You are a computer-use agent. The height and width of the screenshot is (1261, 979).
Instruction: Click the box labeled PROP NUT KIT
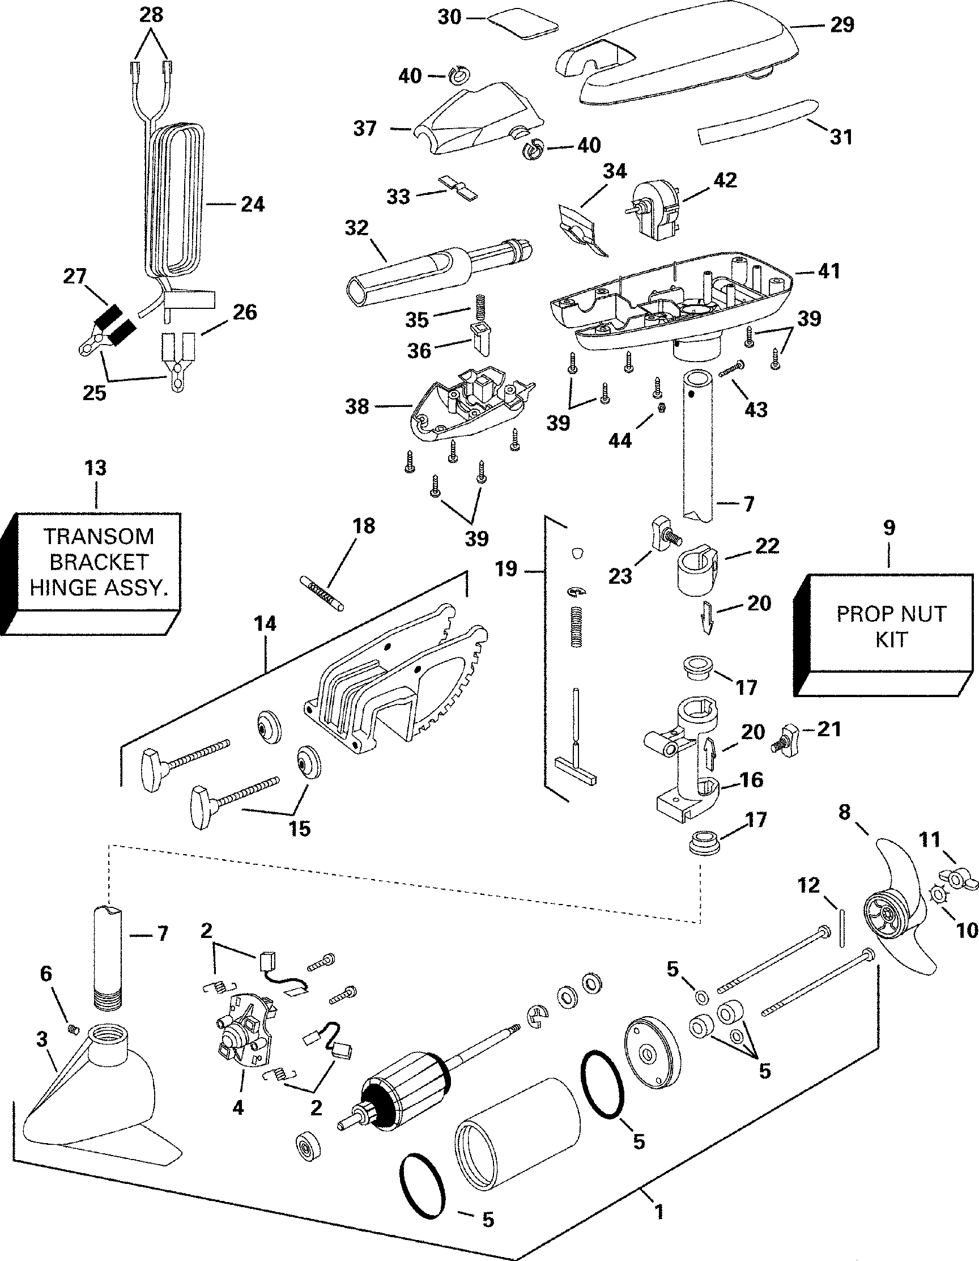click(891, 626)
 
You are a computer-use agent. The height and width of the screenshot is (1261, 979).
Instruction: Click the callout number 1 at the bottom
click(659, 1209)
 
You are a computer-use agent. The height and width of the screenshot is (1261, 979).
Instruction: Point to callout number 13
click(96, 468)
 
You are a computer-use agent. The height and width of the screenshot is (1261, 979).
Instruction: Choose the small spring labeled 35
click(478, 305)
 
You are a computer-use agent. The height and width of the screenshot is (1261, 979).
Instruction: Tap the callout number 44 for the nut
click(620, 440)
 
